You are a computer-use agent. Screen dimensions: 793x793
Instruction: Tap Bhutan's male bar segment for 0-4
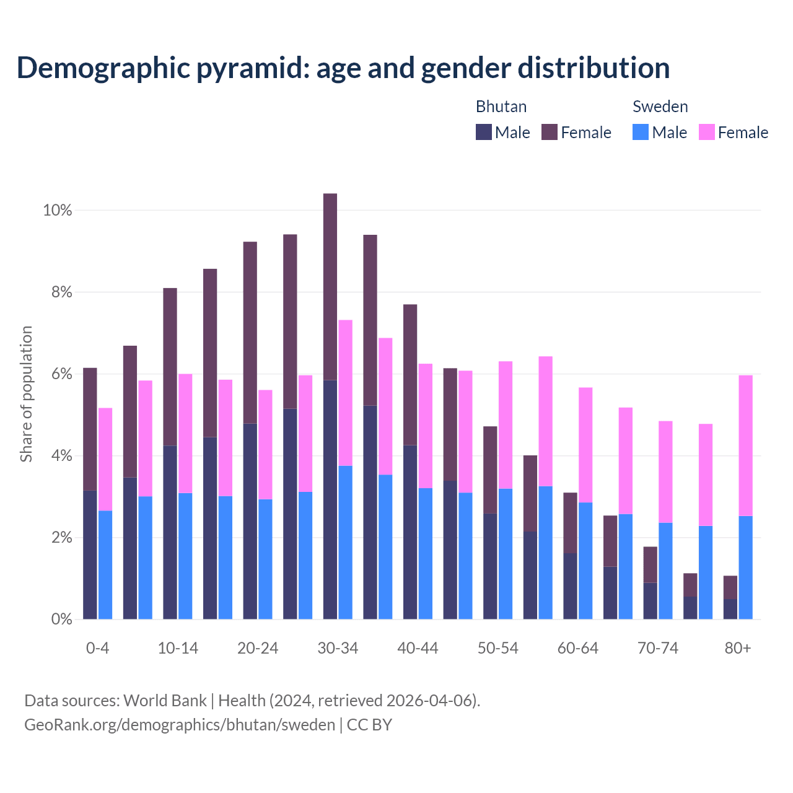pos(90,554)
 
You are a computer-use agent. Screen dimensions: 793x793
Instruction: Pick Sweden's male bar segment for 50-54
pos(506,554)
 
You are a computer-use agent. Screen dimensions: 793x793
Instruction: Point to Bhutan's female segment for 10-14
pos(170,367)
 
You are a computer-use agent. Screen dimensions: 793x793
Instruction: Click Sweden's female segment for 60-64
pos(585,445)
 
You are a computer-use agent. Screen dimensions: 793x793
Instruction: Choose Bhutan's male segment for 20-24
pos(250,521)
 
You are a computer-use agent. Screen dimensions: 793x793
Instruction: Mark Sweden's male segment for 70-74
pos(665,571)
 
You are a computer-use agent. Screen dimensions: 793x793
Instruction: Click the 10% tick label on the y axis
pos(57,211)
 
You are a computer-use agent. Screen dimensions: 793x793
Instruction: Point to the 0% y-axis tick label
pos(61,620)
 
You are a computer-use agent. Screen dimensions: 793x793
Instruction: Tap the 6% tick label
pos(61,374)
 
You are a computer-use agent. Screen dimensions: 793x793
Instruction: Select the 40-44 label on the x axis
pos(418,649)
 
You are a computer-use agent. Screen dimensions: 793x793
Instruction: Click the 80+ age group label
pos(738,649)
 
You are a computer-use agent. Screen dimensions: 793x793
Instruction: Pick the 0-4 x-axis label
pos(97,649)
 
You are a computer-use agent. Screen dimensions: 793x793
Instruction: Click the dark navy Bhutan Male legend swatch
pos(484,132)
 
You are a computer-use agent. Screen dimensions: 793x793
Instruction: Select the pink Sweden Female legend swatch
pos(707,132)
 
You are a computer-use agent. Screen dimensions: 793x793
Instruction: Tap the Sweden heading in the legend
pos(660,107)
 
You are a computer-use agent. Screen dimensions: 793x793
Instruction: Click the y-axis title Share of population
pos(26,394)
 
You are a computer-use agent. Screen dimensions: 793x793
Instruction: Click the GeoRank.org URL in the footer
pos(180,725)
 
